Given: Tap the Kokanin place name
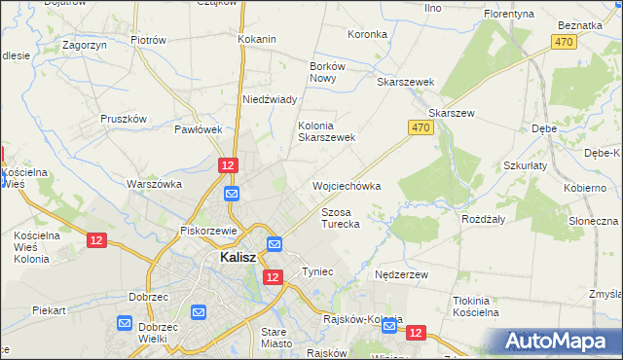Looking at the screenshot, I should [x=257, y=40].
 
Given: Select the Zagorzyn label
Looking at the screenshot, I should [x=84, y=45].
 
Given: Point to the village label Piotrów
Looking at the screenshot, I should [x=149, y=40].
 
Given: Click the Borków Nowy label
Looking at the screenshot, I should [x=322, y=72].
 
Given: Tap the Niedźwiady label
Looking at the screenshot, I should [x=269, y=99].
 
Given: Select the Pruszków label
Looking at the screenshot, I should [x=124, y=119].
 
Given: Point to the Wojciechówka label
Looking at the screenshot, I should [x=346, y=185].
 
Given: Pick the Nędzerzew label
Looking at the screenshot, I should [x=402, y=275].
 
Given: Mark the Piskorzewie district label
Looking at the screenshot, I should [x=209, y=231].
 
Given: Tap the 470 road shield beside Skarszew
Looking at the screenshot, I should [x=420, y=127].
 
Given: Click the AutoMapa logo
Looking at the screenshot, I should [x=562, y=342].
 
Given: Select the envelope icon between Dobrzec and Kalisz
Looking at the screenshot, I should [x=199, y=312].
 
